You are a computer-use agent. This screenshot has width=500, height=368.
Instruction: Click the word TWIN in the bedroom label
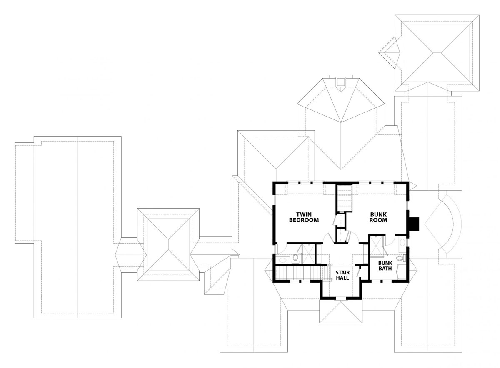click(x=304, y=214)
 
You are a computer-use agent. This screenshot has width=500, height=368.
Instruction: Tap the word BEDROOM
click(x=304, y=220)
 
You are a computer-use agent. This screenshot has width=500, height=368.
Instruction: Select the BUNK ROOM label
click(x=378, y=217)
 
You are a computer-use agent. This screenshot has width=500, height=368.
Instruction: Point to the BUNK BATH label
click(x=385, y=266)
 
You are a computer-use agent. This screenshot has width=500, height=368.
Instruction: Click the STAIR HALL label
click(x=342, y=275)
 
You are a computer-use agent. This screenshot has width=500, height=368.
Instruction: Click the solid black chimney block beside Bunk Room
click(x=414, y=224)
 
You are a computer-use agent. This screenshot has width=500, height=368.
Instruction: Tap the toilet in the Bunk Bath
click(x=400, y=258)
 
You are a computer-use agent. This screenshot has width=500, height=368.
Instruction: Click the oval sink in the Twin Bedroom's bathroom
click(x=283, y=260)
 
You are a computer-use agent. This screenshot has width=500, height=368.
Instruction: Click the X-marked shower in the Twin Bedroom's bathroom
click(x=308, y=254)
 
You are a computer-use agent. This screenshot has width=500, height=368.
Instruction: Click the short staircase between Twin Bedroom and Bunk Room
click(x=344, y=198)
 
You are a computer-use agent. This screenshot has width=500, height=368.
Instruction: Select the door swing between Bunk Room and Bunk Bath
click(x=390, y=240)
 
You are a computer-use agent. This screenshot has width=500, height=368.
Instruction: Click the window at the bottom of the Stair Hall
click(x=341, y=298)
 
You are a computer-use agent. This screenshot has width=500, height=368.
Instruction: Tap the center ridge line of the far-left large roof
click(x=77, y=227)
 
